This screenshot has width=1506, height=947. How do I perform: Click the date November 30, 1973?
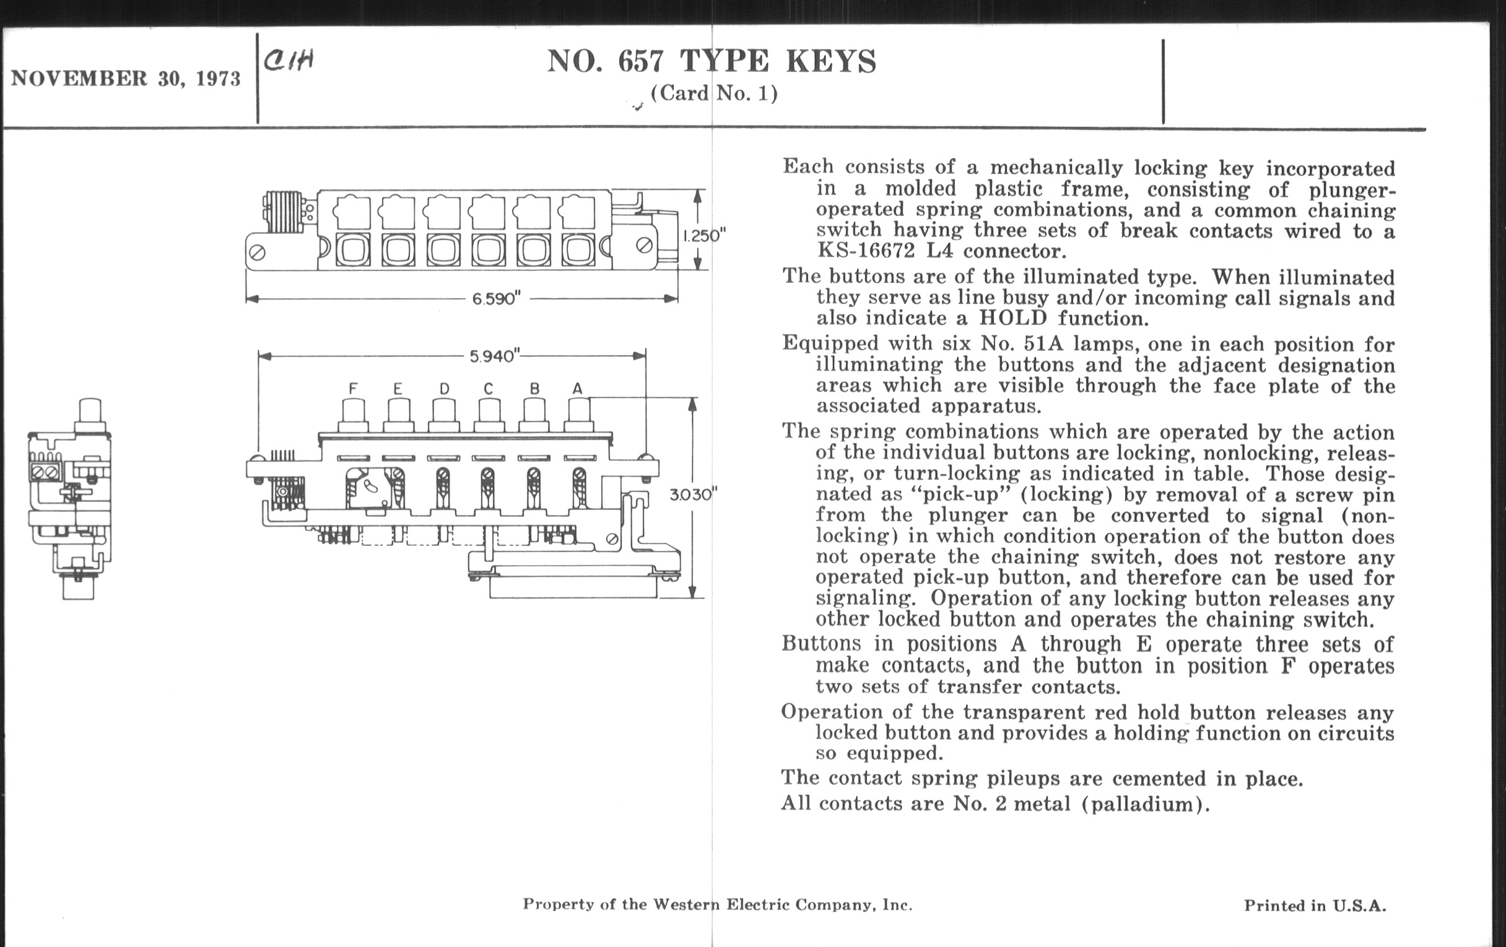(125, 79)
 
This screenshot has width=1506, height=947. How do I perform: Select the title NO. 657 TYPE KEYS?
(711, 61)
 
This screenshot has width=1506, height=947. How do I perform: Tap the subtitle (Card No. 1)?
(713, 93)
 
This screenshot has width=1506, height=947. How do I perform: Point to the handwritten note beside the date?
(289, 61)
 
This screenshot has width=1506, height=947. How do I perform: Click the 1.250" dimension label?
(703, 236)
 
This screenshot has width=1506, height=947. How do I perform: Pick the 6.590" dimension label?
(496, 299)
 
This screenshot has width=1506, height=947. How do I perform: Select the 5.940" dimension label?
(494, 357)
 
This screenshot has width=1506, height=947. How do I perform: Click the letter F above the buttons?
(353, 389)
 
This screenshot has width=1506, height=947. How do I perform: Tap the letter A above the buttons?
(577, 389)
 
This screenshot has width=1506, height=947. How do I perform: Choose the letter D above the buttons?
(444, 389)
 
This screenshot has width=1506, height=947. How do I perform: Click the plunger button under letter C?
(489, 415)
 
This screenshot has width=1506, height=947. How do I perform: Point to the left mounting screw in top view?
(258, 253)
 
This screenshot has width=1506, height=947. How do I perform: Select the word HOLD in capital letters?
(1012, 318)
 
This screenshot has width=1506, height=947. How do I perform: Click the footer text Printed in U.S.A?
(1315, 906)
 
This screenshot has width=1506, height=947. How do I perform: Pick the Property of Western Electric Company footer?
(717, 904)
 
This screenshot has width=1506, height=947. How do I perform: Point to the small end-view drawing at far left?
(70, 499)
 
